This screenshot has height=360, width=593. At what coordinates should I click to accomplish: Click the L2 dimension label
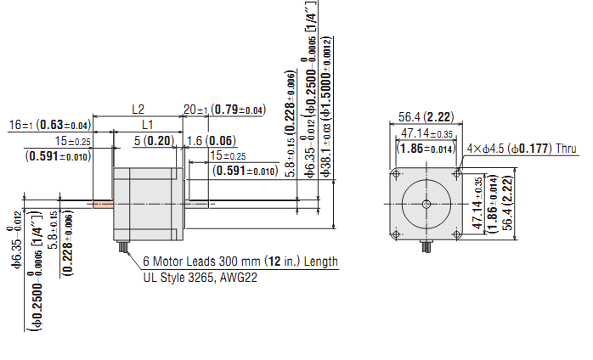[138, 110]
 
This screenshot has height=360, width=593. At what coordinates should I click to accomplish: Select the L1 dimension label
[147, 125]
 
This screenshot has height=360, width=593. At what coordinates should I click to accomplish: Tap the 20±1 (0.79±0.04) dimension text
[224, 110]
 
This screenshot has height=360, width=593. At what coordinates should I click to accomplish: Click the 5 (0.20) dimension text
[154, 140]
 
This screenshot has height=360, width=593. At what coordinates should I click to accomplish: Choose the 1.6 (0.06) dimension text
[211, 140]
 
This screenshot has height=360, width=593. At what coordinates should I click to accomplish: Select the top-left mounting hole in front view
[395, 173]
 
